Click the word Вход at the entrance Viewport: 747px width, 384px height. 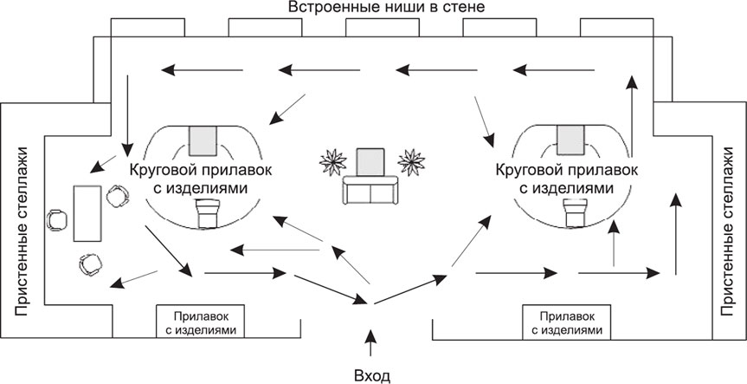tap(372, 375)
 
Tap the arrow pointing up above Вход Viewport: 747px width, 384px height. tap(370, 342)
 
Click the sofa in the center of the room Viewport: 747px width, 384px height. tap(370, 191)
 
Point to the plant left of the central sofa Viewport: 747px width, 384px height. tap(333, 162)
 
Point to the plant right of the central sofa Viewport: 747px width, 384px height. tap(411, 162)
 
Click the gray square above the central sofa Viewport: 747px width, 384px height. tap(370, 162)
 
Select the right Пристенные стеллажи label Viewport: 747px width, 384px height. tap(730, 231)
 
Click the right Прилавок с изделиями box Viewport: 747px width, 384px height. tap(567, 322)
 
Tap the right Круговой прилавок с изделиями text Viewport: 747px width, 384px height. tap(566, 179)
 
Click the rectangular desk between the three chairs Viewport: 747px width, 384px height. tap(87, 213)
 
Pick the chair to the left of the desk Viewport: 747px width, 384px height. tap(57, 220)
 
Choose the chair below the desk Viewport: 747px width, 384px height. tap(91, 264)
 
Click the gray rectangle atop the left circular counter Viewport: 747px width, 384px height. tap(203, 140)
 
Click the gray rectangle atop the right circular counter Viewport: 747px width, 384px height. tap(570, 140)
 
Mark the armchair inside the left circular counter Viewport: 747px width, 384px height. tap(208, 212)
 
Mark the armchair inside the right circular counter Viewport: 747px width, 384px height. tap(576, 212)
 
